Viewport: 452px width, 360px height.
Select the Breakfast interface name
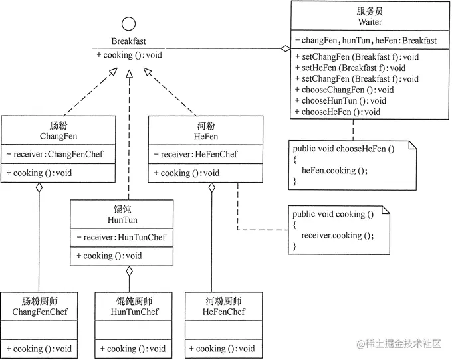point(128,41)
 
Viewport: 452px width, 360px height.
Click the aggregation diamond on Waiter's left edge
point(285,48)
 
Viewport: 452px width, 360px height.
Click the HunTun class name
point(121,219)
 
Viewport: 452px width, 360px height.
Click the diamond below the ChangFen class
point(39,189)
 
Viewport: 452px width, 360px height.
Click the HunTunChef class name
point(134,312)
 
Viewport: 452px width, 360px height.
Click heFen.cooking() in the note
point(334,170)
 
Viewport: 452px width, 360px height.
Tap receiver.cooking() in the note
point(338,235)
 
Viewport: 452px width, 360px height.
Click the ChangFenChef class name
point(40,312)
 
